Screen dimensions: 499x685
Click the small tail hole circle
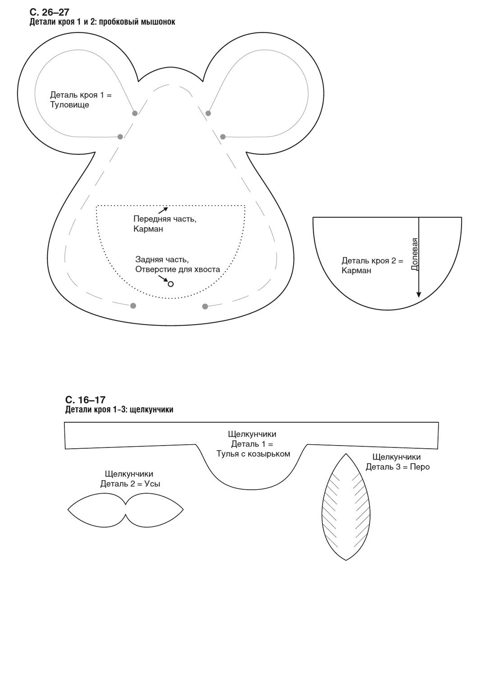171,284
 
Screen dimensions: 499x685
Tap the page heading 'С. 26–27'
49,12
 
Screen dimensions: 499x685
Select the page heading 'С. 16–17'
85,400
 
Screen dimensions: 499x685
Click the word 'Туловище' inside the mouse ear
69,104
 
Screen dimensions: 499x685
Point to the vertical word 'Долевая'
414,254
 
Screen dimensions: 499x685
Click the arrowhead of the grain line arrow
418,295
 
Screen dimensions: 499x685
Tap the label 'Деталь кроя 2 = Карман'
372,266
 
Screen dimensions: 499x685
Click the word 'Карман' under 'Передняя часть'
148,229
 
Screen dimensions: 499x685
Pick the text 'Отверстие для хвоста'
178,270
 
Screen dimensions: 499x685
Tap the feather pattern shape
346,507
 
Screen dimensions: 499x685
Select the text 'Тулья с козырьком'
253,454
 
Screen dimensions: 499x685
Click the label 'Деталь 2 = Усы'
130,483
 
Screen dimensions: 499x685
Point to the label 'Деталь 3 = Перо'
398,467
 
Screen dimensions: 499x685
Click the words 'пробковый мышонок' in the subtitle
137,22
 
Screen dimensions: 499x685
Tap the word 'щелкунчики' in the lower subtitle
151,410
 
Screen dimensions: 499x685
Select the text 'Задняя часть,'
162,260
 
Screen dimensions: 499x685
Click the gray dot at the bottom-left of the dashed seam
133,306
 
